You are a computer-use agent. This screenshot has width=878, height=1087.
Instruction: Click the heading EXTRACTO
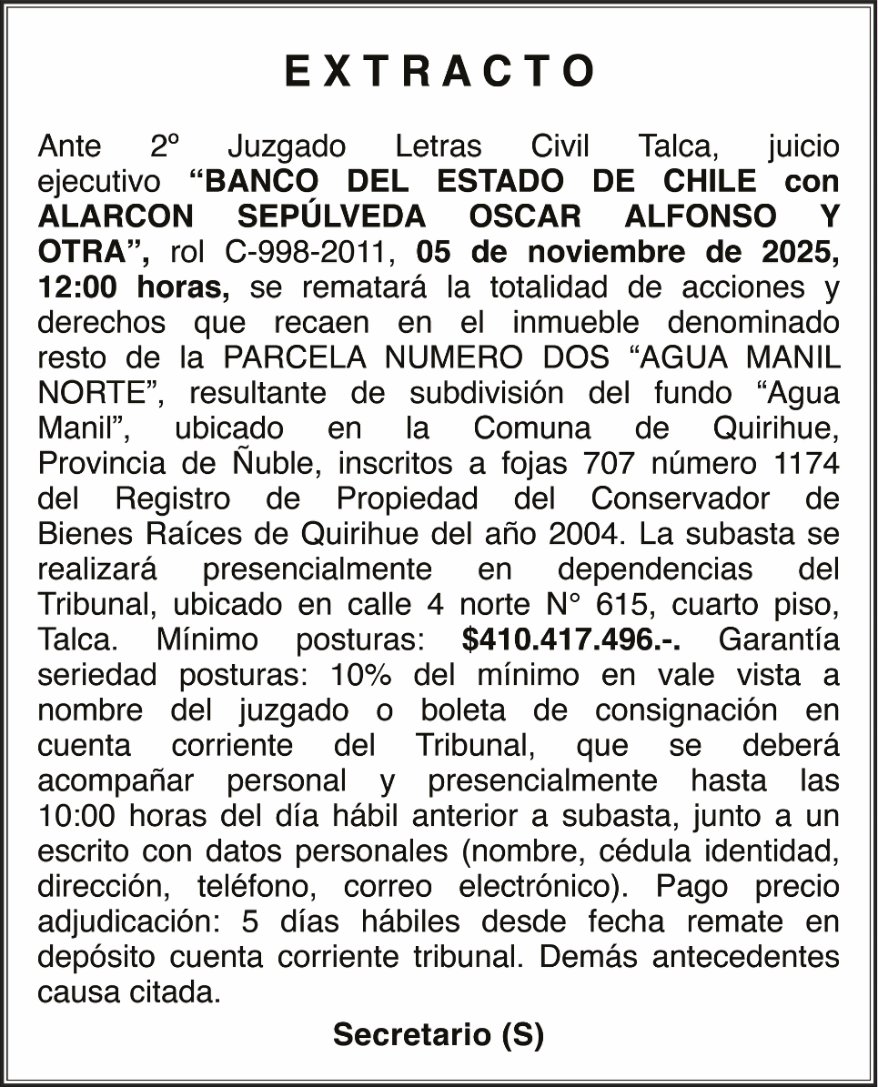point(439,71)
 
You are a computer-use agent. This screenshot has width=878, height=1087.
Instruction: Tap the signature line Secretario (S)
point(439,1034)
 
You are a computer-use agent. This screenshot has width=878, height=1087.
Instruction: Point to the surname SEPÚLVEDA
point(332,216)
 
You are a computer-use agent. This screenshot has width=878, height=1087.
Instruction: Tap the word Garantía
point(779,639)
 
